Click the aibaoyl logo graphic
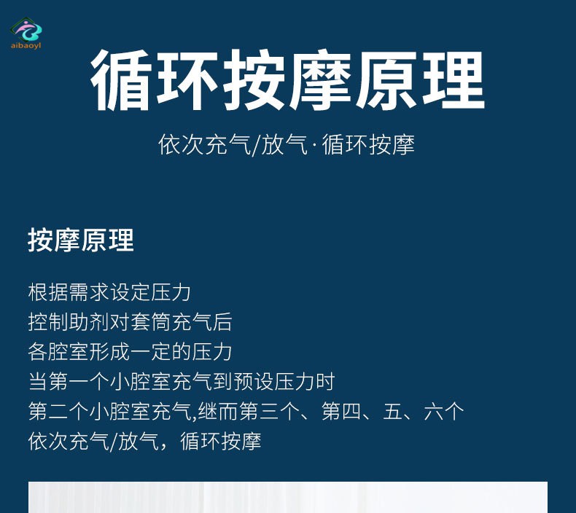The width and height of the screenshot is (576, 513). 26,29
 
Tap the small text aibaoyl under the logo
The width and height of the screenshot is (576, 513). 26,45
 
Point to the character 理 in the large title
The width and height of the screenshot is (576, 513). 454,80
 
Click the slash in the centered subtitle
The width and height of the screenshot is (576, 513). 256,145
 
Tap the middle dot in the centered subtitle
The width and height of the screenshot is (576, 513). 314,145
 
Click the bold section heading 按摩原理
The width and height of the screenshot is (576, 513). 81,240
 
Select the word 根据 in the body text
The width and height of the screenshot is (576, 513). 47,293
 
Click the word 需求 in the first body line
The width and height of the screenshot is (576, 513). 88,293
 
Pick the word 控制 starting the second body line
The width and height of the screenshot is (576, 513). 47,322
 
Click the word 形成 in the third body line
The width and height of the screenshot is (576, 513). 109,352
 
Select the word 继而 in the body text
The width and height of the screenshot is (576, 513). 218,411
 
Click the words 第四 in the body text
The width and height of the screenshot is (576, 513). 341,411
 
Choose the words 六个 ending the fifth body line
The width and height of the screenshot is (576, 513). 444,411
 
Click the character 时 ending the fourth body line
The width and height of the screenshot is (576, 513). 324,382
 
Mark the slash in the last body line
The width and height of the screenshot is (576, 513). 114,442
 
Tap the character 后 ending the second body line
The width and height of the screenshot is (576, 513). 222,322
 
